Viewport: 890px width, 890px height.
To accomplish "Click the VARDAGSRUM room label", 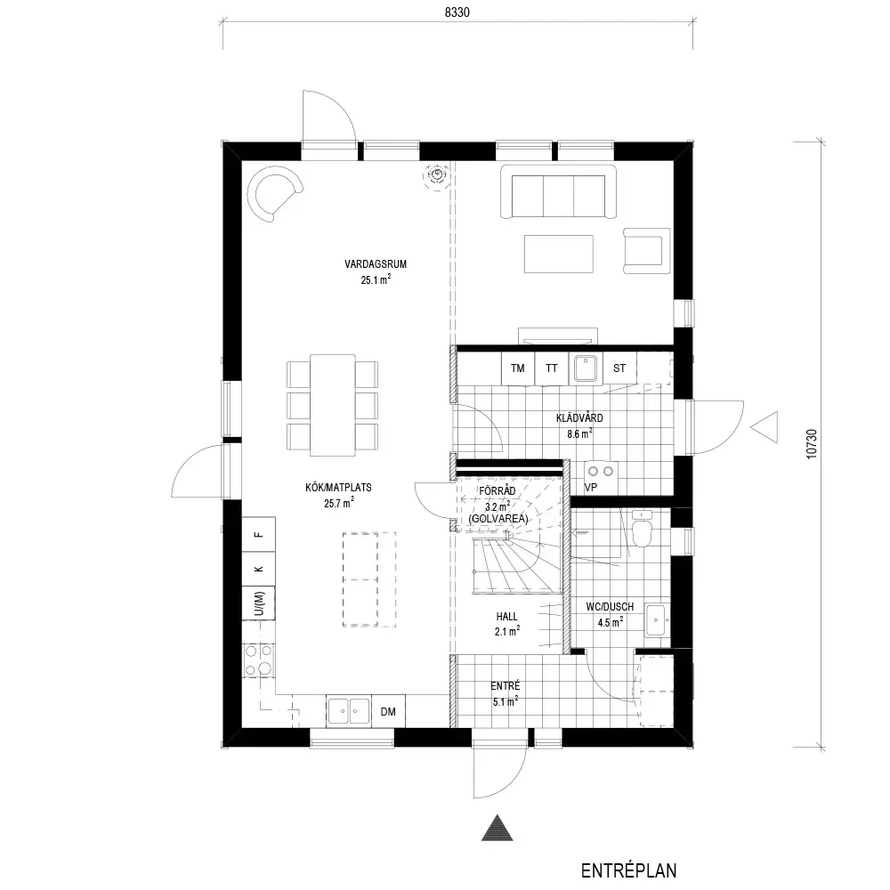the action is click(376, 264).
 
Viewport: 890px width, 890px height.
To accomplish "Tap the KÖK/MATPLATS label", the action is click(338, 487).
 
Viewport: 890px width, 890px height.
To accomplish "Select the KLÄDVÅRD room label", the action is click(579, 418).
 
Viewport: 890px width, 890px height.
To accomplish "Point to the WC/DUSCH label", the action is click(610, 607).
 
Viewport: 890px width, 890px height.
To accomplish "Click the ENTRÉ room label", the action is click(506, 685).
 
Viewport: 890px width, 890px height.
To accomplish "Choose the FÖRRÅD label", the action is click(498, 491).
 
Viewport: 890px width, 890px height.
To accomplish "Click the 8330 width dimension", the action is click(457, 12).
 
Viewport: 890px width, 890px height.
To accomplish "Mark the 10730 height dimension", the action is click(812, 444).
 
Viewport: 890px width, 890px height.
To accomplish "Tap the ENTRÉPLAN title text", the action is click(629, 870).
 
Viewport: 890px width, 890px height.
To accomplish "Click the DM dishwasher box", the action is click(388, 711).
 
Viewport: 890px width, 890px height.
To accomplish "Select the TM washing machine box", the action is click(518, 368).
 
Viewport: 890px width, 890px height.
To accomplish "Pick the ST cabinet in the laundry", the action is click(619, 368).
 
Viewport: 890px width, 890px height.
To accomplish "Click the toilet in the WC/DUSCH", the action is click(642, 529).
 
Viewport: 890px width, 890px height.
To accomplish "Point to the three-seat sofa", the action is click(559, 192).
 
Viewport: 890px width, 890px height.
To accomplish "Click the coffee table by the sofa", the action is click(559, 254).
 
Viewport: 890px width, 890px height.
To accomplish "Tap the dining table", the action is click(333, 405).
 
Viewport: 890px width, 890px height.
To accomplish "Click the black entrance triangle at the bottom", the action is click(498, 828).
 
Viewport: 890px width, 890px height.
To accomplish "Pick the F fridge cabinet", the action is click(259, 533).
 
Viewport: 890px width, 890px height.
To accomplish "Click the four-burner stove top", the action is click(259, 660).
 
